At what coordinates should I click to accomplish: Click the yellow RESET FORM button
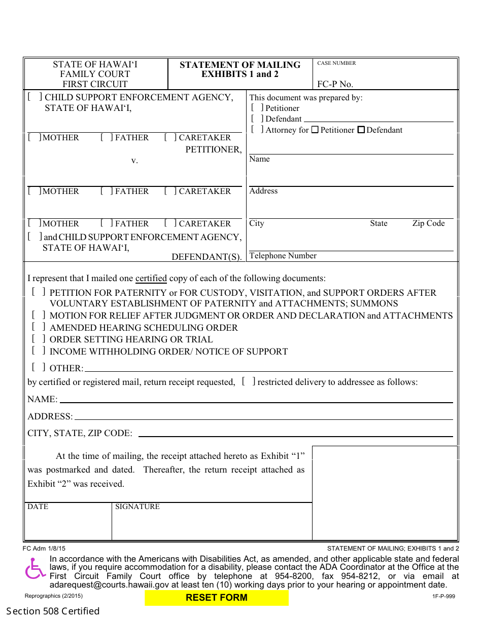pyautogui.click(x=217, y=598)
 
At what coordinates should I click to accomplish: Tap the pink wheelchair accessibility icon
pyautogui.click(x=35, y=569)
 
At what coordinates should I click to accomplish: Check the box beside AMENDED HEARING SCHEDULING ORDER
pyautogui.click(x=38, y=327)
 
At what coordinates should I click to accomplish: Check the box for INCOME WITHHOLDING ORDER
pyautogui.click(x=38, y=351)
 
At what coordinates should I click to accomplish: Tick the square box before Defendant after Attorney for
pyautogui.click(x=361, y=130)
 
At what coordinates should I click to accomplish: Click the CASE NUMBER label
pyautogui.click(x=336, y=63)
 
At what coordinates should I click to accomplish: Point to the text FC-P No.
pyautogui.click(x=335, y=84)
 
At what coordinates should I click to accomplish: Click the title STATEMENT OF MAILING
pyautogui.click(x=240, y=65)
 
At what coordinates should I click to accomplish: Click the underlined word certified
pyautogui.click(x=151, y=278)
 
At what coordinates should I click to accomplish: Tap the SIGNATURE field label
pyautogui.click(x=137, y=507)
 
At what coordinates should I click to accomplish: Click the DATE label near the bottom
pyautogui.click(x=38, y=507)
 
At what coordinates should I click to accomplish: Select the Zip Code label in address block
pyautogui.click(x=428, y=223)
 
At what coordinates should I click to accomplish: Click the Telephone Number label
pyautogui.click(x=283, y=256)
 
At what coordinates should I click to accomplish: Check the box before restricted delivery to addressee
pyautogui.click(x=248, y=381)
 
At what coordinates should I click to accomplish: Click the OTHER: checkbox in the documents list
pyautogui.click(x=38, y=367)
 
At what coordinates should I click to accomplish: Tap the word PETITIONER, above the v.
pyautogui.click(x=214, y=149)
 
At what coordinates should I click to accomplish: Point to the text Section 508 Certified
pyautogui.click(x=53, y=611)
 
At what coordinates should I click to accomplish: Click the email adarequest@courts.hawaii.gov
pyautogui.click(x=109, y=585)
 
